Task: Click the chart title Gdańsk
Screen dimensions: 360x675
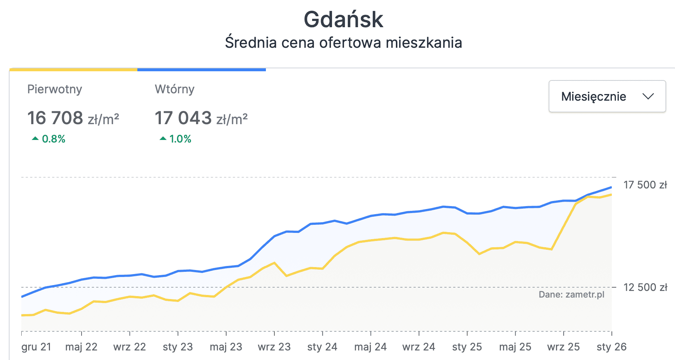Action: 343,19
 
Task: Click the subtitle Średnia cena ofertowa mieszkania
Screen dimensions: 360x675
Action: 343,43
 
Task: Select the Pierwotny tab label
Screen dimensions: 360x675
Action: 55,89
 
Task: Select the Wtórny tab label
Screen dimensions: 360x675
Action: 174,89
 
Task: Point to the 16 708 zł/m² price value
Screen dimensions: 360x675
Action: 73,118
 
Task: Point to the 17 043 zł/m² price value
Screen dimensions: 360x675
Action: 201,118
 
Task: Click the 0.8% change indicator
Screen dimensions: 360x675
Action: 49,139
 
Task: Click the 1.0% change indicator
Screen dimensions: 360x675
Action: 176,139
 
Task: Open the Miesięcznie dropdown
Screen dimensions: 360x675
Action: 607,96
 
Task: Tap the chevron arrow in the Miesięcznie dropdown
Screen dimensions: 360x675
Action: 648,96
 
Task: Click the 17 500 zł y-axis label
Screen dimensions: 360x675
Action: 645,185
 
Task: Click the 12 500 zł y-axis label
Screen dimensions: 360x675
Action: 645,287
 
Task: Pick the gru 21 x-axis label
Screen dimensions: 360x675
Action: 36,347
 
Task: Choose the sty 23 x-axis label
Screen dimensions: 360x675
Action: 178,347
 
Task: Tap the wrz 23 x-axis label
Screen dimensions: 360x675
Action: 274,347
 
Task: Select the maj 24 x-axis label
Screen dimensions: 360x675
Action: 370,347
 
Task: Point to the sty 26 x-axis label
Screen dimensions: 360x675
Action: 611,347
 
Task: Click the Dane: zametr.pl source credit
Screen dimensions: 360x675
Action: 571,295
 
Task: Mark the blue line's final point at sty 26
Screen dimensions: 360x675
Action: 611,187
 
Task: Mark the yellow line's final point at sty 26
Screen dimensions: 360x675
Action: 611,195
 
